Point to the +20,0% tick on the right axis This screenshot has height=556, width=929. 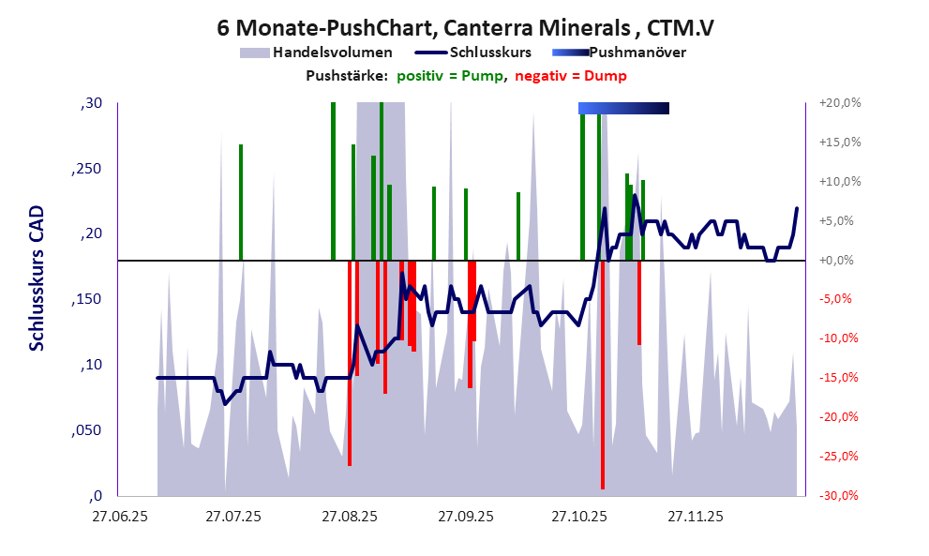pos(840,103)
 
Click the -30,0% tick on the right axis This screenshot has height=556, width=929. pos(840,496)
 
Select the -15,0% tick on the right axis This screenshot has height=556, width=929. pos(840,378)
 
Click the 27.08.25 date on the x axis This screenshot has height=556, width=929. pos(349,516)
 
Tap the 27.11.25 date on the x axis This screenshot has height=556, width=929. pos(694,516)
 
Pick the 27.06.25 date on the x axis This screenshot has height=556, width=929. pos(118,516)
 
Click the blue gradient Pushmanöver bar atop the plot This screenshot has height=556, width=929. pos(623,109)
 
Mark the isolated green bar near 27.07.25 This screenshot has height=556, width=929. pos(241,202)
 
